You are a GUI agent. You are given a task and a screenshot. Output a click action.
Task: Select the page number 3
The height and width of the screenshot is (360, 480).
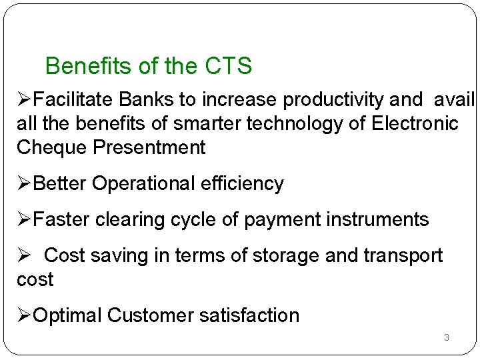coord(447,338)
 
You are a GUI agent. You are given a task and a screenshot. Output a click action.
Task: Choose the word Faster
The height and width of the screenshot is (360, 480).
coord(63,219)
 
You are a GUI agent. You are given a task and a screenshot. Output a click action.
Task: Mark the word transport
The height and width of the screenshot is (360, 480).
coord(402,255)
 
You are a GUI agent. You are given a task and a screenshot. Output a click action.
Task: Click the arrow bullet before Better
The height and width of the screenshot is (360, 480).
coord(24,183)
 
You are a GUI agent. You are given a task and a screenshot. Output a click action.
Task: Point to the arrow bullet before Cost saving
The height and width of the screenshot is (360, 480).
coord(24,255)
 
